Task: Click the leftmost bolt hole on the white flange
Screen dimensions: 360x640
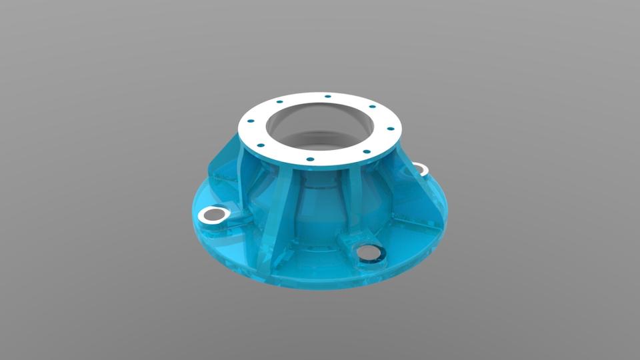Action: click(251, 121)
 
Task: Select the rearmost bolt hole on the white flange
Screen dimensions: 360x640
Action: click(328, 97)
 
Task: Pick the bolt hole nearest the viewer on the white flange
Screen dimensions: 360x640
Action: click(310, 160)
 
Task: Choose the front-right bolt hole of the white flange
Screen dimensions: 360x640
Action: click(366, 152)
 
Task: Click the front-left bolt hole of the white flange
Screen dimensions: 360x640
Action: click(261, 145)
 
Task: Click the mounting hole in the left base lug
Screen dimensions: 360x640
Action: click(215, 214)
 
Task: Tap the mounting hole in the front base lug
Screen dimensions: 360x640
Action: click(367, 253)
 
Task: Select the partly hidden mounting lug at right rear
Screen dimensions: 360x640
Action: click(419, 168)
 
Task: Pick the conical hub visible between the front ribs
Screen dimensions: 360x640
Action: click(320, 207)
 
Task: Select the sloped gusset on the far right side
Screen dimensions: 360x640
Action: click(417, 193)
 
